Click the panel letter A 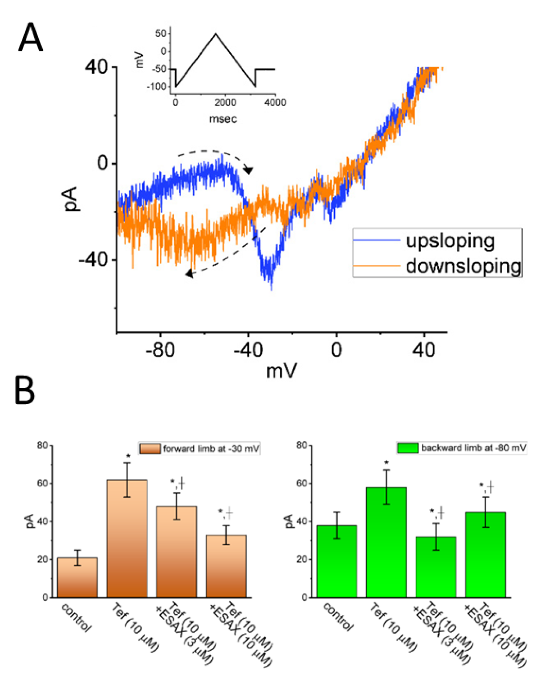(30, 38)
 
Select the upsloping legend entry (450, 241)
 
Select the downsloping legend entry (463, 266)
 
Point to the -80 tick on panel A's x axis (160, 350)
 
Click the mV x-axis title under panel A (281, 371)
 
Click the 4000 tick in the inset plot (275, 102)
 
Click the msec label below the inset (223, 119)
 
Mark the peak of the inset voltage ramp (216, 34)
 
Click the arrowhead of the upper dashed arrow (248, 171)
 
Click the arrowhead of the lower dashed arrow (189, 273)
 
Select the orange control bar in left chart (77, 578)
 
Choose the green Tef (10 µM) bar (386, 543)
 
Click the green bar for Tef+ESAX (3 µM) (435, 567)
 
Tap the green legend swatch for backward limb (407, 448)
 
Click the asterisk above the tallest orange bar (127, 456)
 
